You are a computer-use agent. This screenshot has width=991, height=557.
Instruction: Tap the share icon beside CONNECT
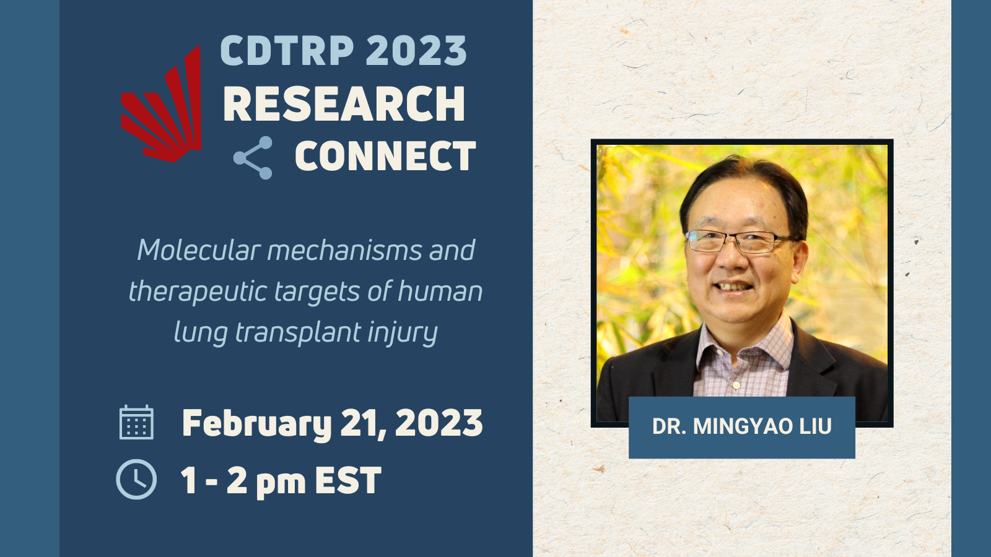pyautogui.click(x=253, y=158)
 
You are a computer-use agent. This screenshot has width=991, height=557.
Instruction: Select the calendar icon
pyautogui.click(x=137, y=422)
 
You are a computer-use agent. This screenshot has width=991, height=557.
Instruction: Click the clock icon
pyautogui.click(x=136, y=479)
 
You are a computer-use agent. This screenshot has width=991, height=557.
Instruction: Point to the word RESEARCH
pyautogui.click(x=344, y=103)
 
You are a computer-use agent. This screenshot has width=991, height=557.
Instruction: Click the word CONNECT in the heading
pyautogui.click(x=385, y=155)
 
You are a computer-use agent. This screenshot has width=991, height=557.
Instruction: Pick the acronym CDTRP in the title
pyautogui.click(x=287, y=50)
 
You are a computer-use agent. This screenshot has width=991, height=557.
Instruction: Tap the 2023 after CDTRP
pyautogui.click(x=416, y=50)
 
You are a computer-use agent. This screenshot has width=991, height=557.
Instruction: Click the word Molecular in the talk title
pyautogui.click(x=198, y=250)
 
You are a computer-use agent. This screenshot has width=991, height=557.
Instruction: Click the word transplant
pyautogui.click(x=298, y=333)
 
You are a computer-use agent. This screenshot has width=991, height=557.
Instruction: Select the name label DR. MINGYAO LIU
pyautogui.click(x=742, y=426)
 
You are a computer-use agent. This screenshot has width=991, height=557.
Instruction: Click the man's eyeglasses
pyautogui.click(x=739, y=241)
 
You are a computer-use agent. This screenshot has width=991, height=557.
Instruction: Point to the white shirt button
pyautogui.click(x=736, y=385)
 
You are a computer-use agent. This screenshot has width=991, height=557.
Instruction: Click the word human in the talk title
pyautogui.click(x=440, y=291)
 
